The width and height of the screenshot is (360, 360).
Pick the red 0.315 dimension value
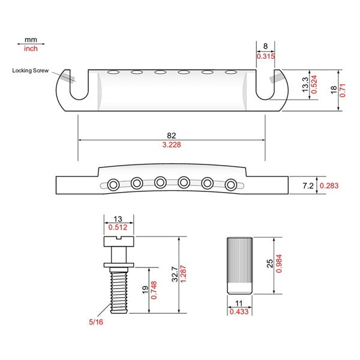tap(266, 56)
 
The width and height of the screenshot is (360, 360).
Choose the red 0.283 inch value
tap(329, 186)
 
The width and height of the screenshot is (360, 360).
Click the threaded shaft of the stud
tap(119, 290)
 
